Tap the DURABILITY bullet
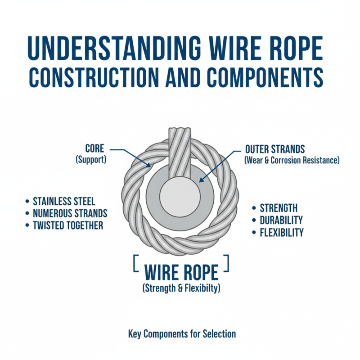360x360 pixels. tap(281, 220)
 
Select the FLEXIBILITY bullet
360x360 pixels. tap(281, 232)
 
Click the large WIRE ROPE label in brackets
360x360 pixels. tap(181, 273)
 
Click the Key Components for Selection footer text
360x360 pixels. tap(182, 334)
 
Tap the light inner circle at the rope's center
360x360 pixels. tap(180, 198)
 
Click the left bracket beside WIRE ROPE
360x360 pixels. tap(135, 263)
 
